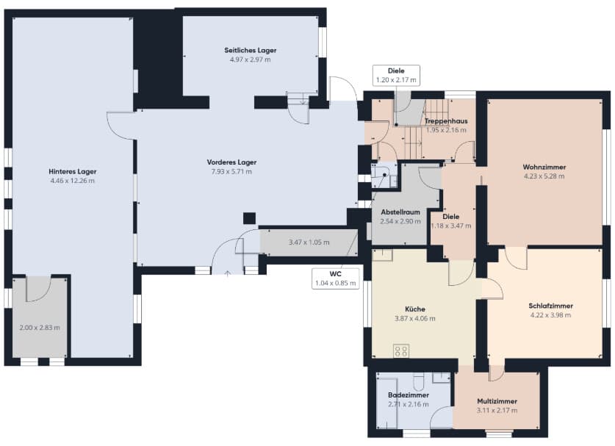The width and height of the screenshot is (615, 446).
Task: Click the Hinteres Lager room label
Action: pyautogui.click(x=73, y=171)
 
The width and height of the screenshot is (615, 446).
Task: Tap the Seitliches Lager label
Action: pyautogui.click(x=251, y=50)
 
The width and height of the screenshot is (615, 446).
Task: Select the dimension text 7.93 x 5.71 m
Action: pyautogui.click(x=231, y=171)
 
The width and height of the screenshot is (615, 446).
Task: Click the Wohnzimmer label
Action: pyautogui.click(x=544, y=167)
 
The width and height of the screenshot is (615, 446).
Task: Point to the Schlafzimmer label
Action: pyautogui.click(x=550, y=306)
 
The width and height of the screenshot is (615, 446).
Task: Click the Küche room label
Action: pyautogui.click(x=415, y=309)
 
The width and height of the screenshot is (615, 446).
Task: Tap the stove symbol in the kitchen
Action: pyautogui.click(x=401, y=350)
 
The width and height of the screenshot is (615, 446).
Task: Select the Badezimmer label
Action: pyautogui.click(x=409, y=395)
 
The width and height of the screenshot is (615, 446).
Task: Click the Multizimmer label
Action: pyautogui.click(x=497, y=401)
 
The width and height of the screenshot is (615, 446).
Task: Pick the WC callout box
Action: pyautogui.click(x=335, y=278)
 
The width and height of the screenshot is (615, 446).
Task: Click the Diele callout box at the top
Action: pyautogui.click(x=396, y=76)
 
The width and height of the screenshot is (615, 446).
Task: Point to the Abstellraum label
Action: pyautogui.click(x=400, y=212)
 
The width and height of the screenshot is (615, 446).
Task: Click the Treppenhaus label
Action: pyautogui.click(x=446, y=121)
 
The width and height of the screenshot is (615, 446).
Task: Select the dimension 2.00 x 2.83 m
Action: pyautogui.click(x=40, y=328)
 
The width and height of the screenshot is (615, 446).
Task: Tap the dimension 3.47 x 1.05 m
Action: pyautogui.click(x=309, y=242)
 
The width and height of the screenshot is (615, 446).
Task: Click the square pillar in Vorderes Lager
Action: pyautogui.click(x=249, y=218)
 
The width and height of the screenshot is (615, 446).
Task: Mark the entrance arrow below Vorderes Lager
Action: pyautogui.click(x=228, y=273)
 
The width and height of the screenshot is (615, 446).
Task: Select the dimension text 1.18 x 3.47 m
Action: pyautogui.click(x=451, y=226)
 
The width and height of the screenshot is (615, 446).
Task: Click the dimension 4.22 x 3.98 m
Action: pyautogui.click(x=550, y=315)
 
